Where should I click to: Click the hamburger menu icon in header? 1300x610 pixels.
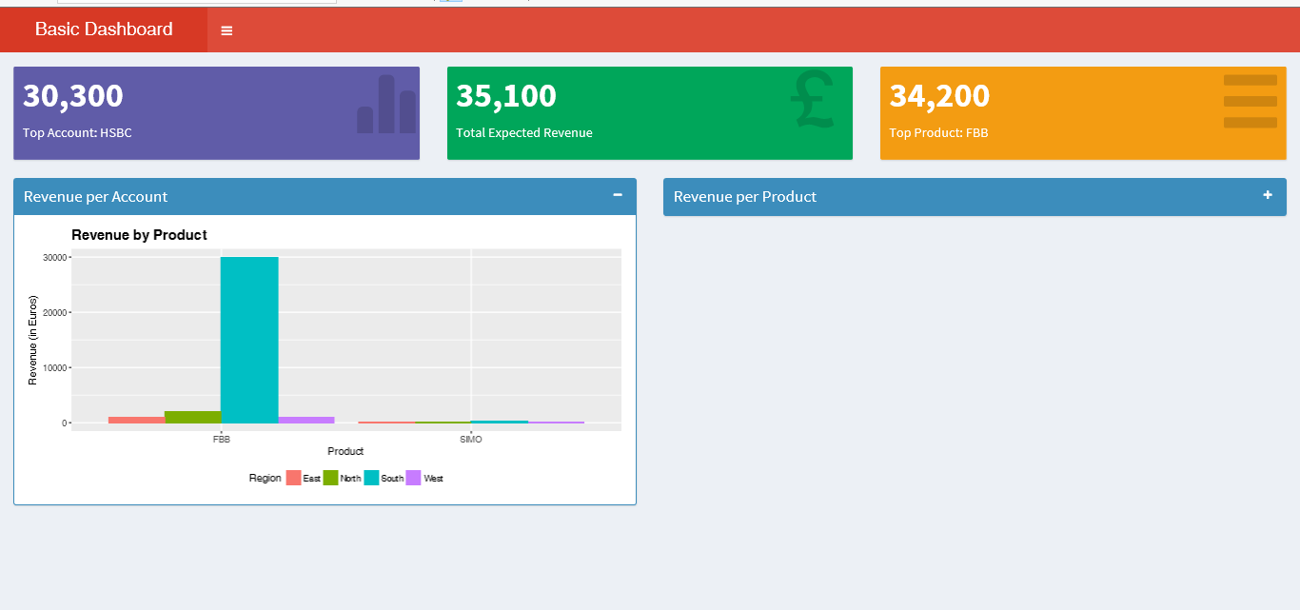(227, 30)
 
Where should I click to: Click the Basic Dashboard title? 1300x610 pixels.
(104, 30)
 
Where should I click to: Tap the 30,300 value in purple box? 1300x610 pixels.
(73, 96)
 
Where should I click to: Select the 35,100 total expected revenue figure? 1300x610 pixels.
(506, 96)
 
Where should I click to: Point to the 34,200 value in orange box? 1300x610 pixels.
(939, 96)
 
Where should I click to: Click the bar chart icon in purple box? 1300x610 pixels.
(386, 105)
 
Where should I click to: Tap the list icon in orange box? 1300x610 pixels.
(1250, 101)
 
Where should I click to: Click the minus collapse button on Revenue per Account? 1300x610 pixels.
(618, 195)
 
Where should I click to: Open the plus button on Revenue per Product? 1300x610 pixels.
(1268, 195)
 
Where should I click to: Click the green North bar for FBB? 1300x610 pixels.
(192, 417)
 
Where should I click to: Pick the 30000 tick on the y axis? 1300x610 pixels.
(54, 258)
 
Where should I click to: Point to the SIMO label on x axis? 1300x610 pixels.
(471, 440)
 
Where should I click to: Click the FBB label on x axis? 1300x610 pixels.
(222, 440)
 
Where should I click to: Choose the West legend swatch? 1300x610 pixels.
(414, 478)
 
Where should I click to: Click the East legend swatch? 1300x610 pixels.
(294, 478)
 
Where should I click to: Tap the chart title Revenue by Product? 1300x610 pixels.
(139, 235)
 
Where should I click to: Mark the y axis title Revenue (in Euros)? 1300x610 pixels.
(33, 341)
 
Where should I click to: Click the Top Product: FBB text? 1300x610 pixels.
(938, 133)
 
